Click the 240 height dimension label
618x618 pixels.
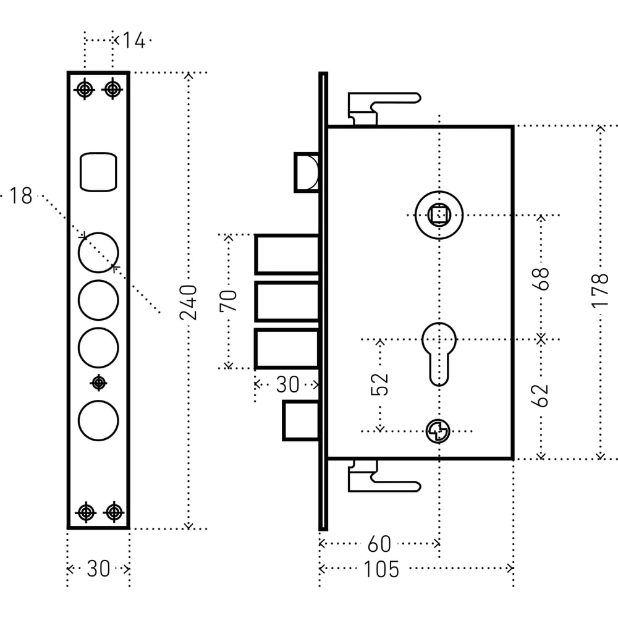point(188,302)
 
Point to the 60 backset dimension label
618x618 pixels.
point(379,544)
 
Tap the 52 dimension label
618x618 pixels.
point(381,384)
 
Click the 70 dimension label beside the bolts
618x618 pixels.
point(229,302)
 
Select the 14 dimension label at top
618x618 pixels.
point(133,41)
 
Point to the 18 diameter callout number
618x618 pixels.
point(20,197)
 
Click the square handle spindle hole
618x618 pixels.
point(439,214)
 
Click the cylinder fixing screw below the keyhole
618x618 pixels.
point(438,431)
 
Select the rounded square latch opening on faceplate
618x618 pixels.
point(98,171)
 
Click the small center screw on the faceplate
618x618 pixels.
point(98,383)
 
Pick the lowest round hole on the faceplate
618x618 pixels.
point(98,420)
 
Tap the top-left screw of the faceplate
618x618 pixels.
point(85,90)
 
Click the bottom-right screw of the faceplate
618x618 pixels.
point(112,512)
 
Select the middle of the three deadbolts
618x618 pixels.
point(287,302)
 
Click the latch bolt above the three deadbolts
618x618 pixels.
point(306,171)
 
